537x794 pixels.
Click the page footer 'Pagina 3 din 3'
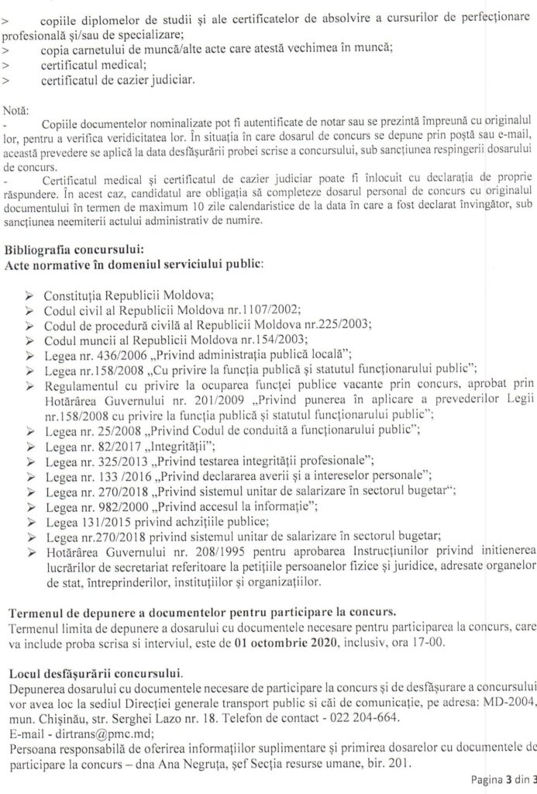[x=503, y=780]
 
